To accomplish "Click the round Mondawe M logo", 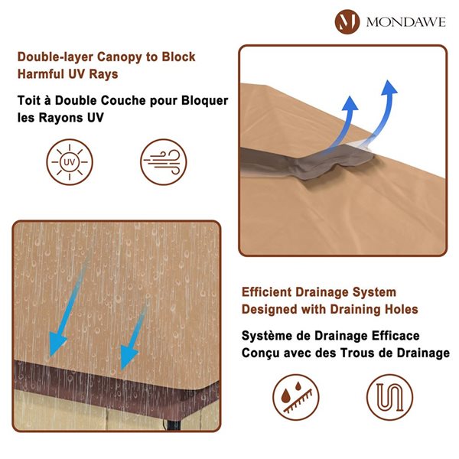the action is [x=347, y=21].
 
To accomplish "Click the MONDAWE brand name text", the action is [x=406, y=22].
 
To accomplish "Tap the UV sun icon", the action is [x=70, y=162].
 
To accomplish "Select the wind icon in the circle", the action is [x=164, y=162].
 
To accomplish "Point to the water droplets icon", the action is [x=296, y=398].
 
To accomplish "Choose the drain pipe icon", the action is [x=389, y=398].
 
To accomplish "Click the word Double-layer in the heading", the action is [x=55, y=57].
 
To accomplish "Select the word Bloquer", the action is [x=204, y=101].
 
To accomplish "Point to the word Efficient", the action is [x=266, y=292].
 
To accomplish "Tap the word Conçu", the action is [x=256, y=353].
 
